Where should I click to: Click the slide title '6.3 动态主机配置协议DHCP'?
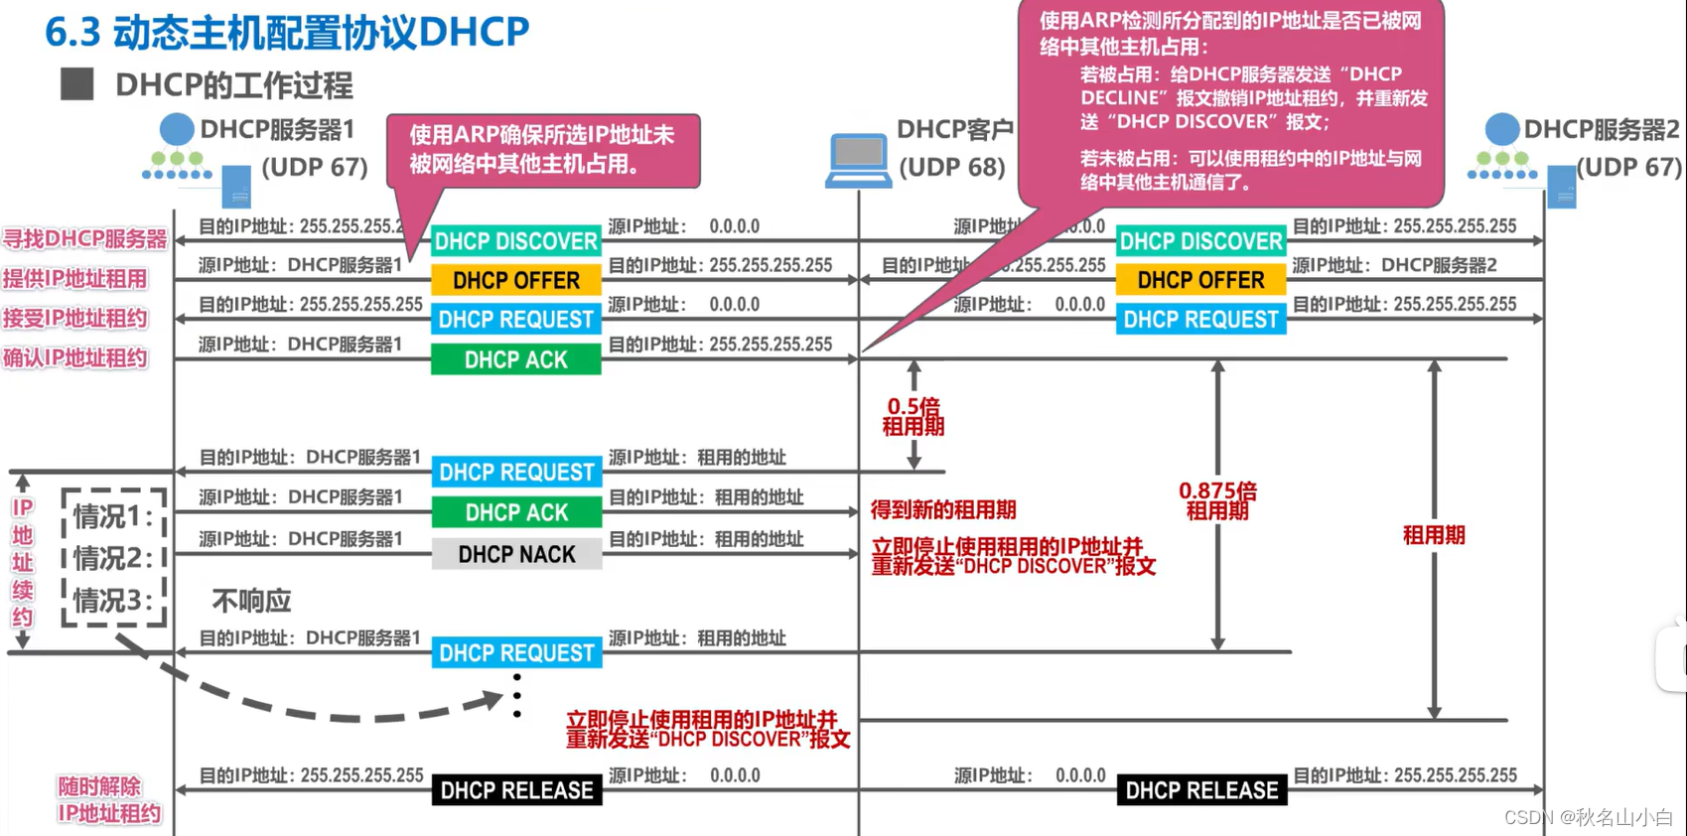(287, 32)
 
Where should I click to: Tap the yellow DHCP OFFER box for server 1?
(516, 281)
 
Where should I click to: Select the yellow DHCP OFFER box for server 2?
(1200, 281)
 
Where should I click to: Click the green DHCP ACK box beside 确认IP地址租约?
(516, 359)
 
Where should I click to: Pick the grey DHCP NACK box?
(516, 554)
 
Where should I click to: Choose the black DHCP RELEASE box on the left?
(516, 790)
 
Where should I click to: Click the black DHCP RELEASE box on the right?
(1201, 790)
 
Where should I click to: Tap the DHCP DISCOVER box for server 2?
(1200, 241)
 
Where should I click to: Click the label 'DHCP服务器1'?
(277, 130)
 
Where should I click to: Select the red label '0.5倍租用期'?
(914, 417)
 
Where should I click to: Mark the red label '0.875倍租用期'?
(1217, 501)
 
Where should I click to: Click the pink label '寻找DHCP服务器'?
(84, 239)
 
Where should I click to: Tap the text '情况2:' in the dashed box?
(113, 559)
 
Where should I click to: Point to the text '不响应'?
(251, 601)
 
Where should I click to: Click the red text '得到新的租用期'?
(943, 510)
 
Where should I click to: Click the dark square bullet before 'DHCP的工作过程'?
(76, 84)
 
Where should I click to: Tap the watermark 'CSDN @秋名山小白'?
(1589, 817)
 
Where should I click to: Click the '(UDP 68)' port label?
(951, 168)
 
